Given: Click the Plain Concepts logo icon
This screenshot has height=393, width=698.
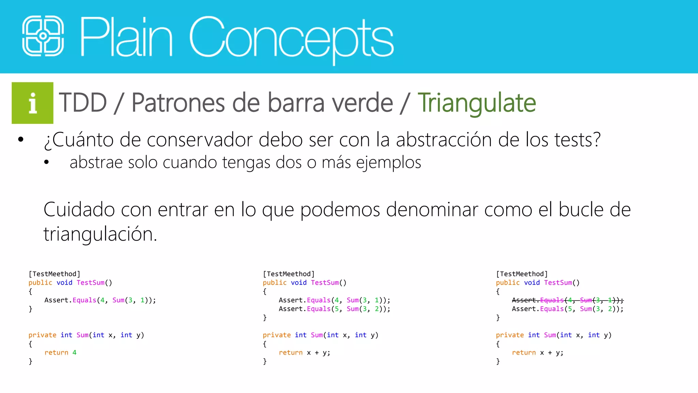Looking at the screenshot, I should click(43, 36).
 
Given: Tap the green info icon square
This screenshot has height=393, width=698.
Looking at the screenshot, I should click(32, 103).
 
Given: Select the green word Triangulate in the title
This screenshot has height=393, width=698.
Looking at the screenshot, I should click(476, 103).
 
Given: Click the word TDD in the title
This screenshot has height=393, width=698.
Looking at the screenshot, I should click(83, 103).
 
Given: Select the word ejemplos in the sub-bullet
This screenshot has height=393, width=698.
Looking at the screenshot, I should click(389, 162).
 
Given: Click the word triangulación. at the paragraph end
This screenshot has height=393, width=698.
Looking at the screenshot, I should click(100, 234).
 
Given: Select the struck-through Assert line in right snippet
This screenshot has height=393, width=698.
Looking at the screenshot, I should click(567, 300).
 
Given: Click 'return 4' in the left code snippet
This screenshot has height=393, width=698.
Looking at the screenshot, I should click(60, 352).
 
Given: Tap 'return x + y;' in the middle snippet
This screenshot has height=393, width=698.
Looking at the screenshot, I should click(304, 352).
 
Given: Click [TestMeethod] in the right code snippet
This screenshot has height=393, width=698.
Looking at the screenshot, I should click(521, 274).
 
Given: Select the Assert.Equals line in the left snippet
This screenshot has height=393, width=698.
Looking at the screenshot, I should click(100, 300).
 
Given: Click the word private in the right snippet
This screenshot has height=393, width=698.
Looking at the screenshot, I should click(510, 335).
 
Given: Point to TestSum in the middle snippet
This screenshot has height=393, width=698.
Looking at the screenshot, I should click(325, 282).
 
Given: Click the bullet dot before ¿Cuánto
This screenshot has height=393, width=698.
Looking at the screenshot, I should click(21, 140).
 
